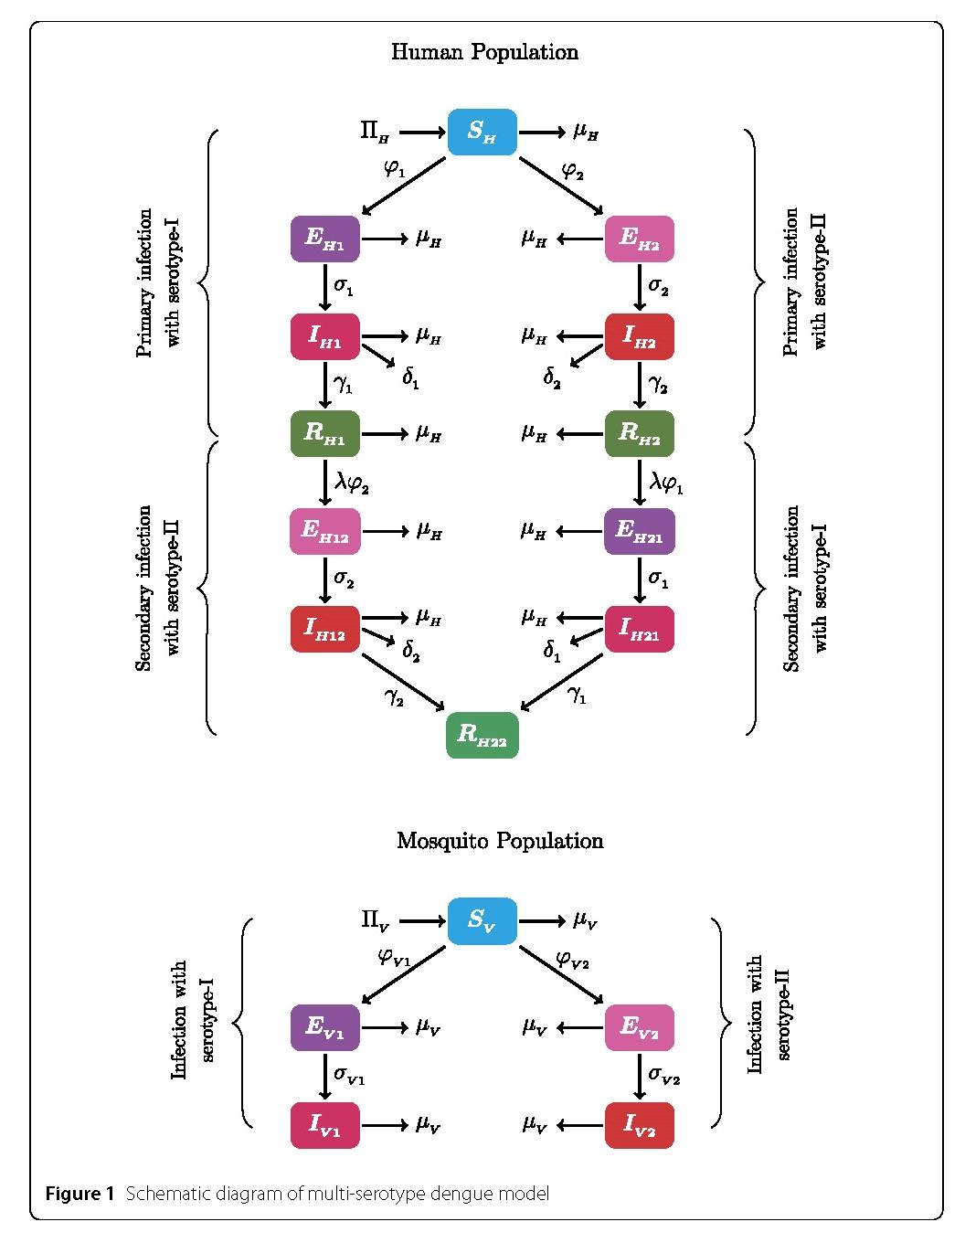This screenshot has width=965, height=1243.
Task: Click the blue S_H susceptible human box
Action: tap(482, 133)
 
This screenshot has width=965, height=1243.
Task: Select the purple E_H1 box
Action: tap(325, 239)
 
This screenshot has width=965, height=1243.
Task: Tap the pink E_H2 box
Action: tap(640, 239)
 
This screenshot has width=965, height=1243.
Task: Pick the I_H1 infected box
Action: tap(325, 337)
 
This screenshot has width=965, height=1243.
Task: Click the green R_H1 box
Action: tap(325, 433)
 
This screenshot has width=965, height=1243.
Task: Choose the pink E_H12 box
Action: tap(325, 531)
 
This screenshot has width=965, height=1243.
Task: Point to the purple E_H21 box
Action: tap(640, 531)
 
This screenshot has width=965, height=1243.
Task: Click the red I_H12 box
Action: tap(325, 629)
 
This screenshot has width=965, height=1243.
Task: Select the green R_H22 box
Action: tap(482, 735)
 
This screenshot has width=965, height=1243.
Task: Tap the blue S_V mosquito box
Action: tap(482, 921)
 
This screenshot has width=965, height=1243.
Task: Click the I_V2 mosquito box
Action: tap(640, 1125)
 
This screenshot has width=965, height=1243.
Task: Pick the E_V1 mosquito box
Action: tap(325, 1027)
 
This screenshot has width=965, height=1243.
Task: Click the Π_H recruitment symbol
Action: tap(375, 133)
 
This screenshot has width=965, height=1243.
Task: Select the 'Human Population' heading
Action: tap(484, 52)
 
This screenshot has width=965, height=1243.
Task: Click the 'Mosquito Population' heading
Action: tap(500, 841)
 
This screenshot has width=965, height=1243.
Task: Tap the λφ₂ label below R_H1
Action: tap(352, 483)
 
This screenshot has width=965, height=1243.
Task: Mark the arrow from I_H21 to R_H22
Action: tap(563, 681)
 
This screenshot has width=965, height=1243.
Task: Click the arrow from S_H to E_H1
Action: tap(404, 186)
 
